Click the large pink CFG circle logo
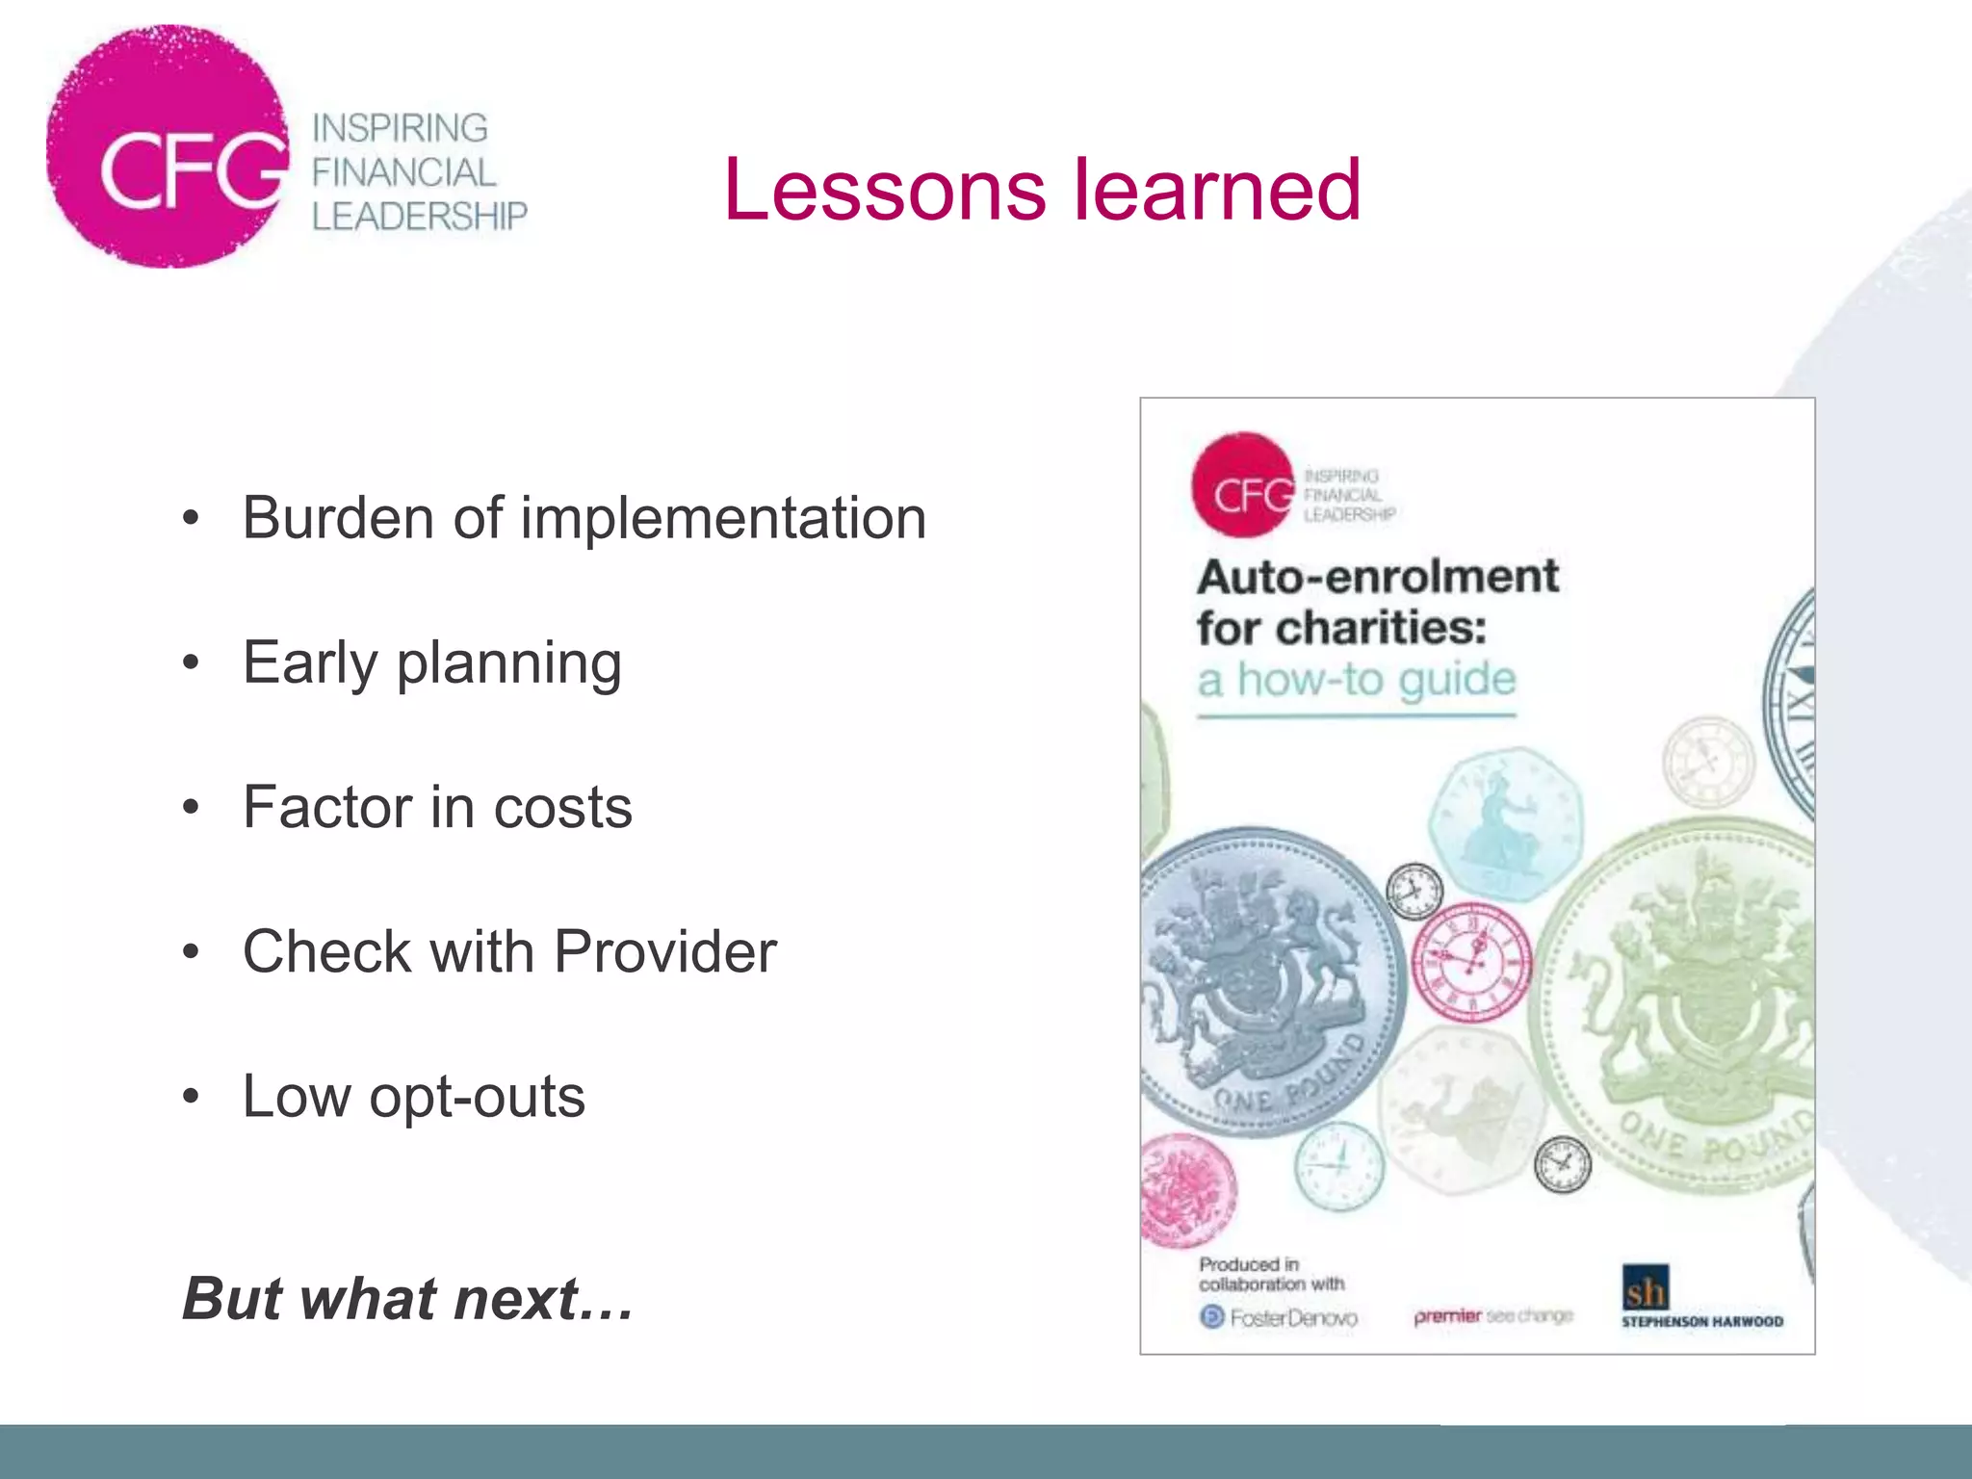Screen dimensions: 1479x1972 coord(169,146)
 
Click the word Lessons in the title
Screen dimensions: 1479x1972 coord(884,190)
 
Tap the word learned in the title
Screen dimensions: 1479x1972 coord(1217,190)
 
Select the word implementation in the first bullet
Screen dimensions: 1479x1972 coord(723,519)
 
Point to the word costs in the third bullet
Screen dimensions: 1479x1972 coord(562,807)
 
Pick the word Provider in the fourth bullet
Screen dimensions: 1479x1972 coord(665,951)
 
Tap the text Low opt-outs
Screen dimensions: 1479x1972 coord(413,1096)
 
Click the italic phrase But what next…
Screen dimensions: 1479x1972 coord(408,1298)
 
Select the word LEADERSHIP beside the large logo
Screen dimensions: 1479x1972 coord(420,217)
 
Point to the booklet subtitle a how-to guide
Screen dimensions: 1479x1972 coord(1357,679)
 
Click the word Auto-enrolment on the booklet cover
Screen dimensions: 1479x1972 coord(1377,577)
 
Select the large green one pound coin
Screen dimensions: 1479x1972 coord(1685,1011)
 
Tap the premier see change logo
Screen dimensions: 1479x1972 coord(1492,1315)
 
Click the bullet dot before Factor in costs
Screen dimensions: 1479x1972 coord(191,807)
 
